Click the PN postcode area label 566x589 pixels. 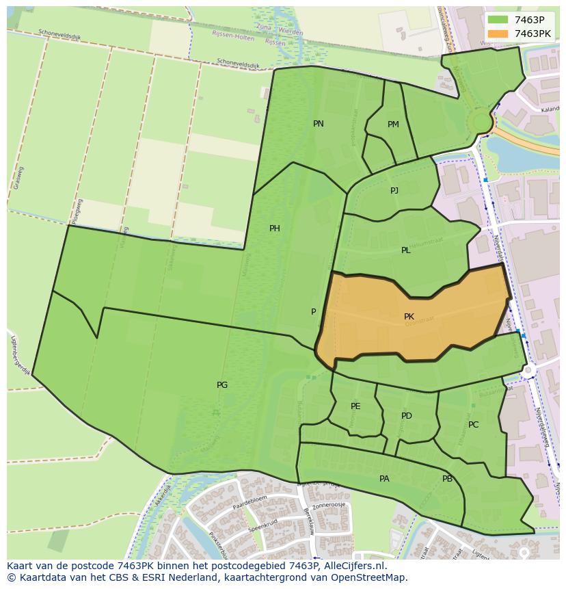coord(318,124)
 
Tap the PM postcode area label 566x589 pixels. coord(393,125)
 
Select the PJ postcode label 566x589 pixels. coord(394,191)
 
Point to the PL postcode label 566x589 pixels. coord(406,250)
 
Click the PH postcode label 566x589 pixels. coord(274,228)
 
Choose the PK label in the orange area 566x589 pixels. coord(409,317)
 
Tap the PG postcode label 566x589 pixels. coord(222,385)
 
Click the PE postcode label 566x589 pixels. coord(355,406)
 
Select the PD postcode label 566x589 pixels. coord(407,416)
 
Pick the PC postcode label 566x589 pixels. coord(473,425)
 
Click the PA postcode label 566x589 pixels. coord(384,479)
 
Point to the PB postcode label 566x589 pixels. coord(447,479)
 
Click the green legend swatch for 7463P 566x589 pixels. coord(498,20)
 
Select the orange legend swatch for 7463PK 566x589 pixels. coord(498,33)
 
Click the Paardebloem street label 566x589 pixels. coord(247,507)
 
